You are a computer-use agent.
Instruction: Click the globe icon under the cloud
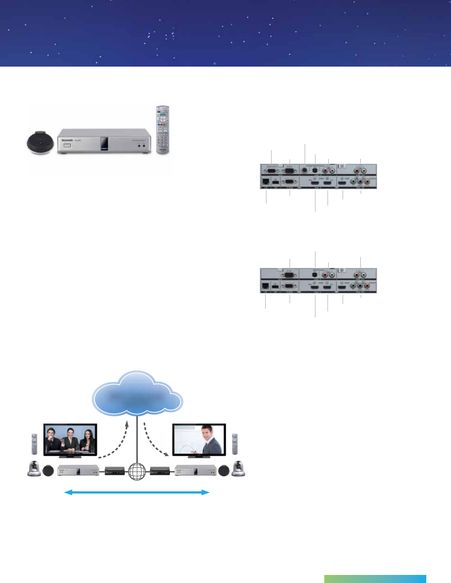137,471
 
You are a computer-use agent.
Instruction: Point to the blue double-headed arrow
137,492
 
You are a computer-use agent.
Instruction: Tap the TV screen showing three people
70,439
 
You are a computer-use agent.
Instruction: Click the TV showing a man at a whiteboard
199,440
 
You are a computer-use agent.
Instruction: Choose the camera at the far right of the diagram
238,469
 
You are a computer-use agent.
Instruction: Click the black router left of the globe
115,471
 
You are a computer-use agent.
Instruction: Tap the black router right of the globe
160,471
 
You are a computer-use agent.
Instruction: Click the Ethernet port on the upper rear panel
265,181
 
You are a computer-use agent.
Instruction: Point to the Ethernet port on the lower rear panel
265,286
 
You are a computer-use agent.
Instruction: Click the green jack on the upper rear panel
354,181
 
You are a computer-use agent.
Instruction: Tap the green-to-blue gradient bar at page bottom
375,579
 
